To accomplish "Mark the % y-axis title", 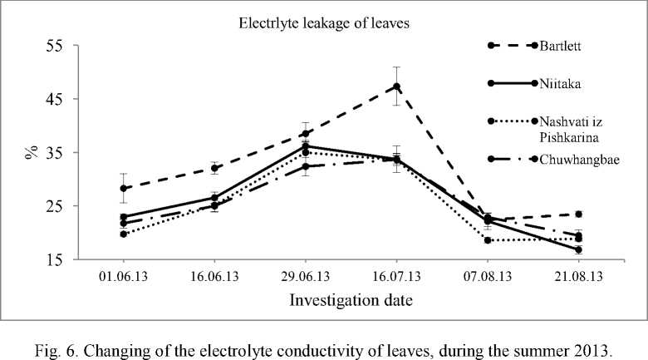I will click(x=31, y=152).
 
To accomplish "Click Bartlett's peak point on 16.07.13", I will click(x=397, y=86).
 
